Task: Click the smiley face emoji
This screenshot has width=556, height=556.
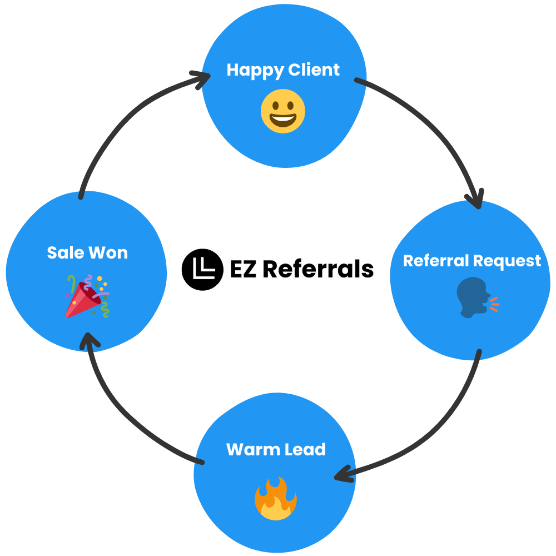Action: [283, 111]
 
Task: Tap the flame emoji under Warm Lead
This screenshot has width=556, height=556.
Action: [276, 498]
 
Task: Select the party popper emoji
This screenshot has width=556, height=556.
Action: [87, 296]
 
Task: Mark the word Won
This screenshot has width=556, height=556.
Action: [110, 253]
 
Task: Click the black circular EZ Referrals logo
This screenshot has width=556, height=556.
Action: [202, 270]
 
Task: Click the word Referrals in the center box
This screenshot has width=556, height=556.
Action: [318, 270]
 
